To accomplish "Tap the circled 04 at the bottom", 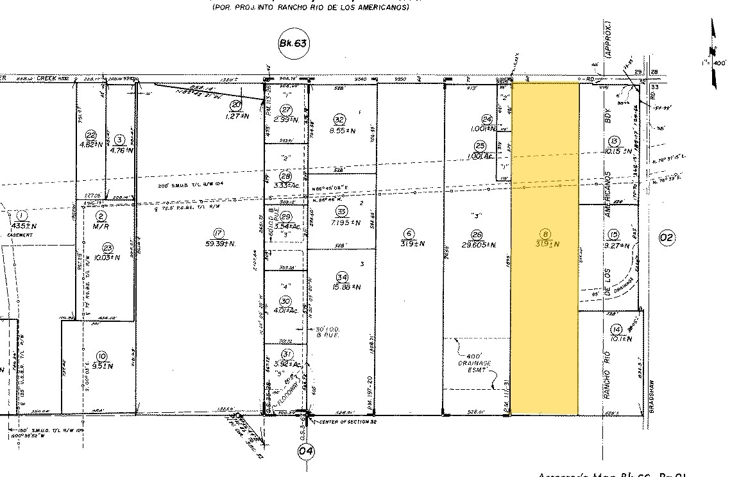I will tap(307, 451).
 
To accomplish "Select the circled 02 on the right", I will tap(667, 238).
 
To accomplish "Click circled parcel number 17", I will tap(219, 233).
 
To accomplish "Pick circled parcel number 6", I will tap(407, 233).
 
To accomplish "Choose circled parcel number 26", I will tap(476, 234).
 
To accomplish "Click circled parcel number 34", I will tap(342, 276).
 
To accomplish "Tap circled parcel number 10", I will tap(101, 356).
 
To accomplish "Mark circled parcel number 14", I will tap(616, 330).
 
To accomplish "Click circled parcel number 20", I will tap(236, 105).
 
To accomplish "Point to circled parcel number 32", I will tap(340, 119).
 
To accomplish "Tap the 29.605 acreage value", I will tap(476, 244).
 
